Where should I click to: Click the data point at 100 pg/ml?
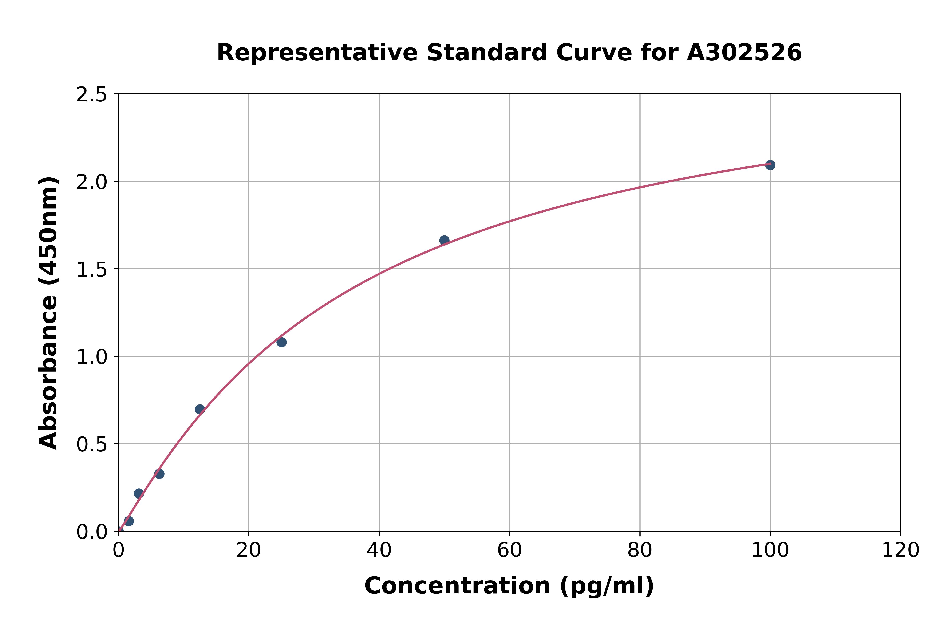(x=770, y=165)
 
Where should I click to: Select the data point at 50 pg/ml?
(x=444, y=240)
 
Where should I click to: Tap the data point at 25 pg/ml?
(x=281, y=342)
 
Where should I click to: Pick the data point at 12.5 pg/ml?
(x=200, y=409)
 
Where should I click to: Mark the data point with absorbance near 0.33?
(x=159, y=473)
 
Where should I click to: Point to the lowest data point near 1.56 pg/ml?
(x=129, y=521)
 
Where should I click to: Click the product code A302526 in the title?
(x=744, y=53)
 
